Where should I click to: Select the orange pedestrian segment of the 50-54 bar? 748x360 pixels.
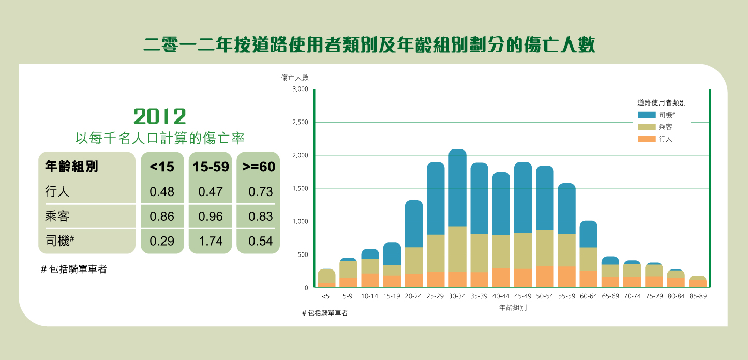[545, 277]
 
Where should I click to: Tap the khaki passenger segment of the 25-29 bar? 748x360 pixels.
[436, 253]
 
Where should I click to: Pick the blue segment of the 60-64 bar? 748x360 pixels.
[588, 234]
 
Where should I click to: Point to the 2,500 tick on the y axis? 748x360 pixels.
[300, 122]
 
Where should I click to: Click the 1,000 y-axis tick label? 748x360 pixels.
[300, 221]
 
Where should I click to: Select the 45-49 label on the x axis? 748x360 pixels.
[522, 297]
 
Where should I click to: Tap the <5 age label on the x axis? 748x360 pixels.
[325, 297]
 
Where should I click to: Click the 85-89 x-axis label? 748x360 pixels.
[698, 297]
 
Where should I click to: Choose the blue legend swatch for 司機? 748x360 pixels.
[647, 115]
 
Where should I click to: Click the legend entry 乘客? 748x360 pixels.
[666, 127]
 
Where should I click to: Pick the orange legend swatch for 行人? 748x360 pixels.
[647, 139]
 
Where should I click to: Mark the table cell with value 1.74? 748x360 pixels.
[210, 241]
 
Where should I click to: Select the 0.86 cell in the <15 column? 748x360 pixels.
[162, 216]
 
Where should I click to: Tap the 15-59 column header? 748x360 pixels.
[210, 167]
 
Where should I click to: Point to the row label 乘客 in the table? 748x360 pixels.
[57, 216]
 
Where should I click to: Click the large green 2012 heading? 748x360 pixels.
[159, 116]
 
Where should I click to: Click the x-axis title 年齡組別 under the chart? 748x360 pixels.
[513, 308]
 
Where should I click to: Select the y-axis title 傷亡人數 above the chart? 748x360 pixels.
[294, 78]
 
